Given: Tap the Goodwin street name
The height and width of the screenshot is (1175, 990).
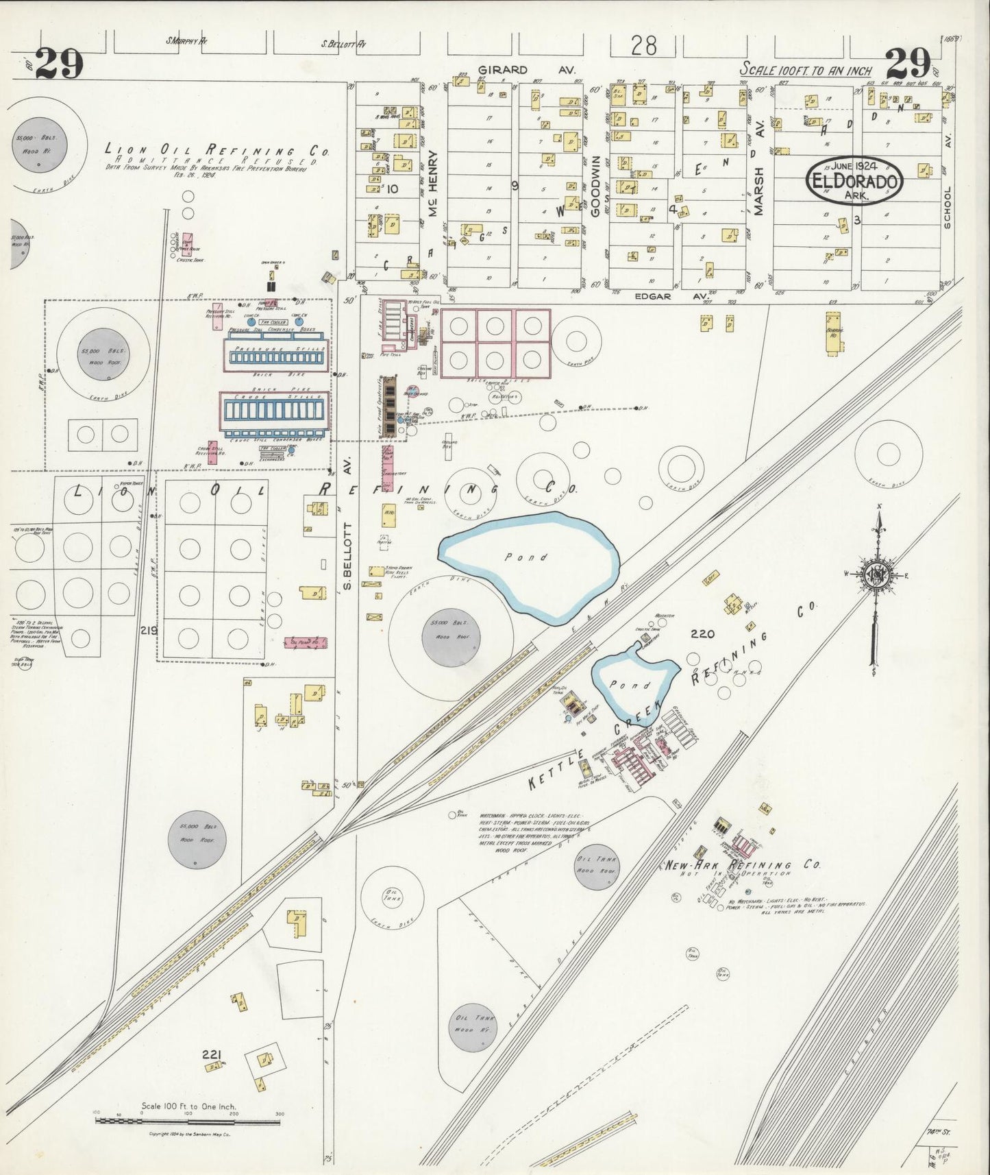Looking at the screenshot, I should [x=596, y=185].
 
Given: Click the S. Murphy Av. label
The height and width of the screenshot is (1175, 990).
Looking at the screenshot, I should [x=187, y=41].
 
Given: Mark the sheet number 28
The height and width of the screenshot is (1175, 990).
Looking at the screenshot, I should [x=643, y=46].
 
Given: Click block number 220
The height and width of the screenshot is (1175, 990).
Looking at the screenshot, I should [x=703, y=634].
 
